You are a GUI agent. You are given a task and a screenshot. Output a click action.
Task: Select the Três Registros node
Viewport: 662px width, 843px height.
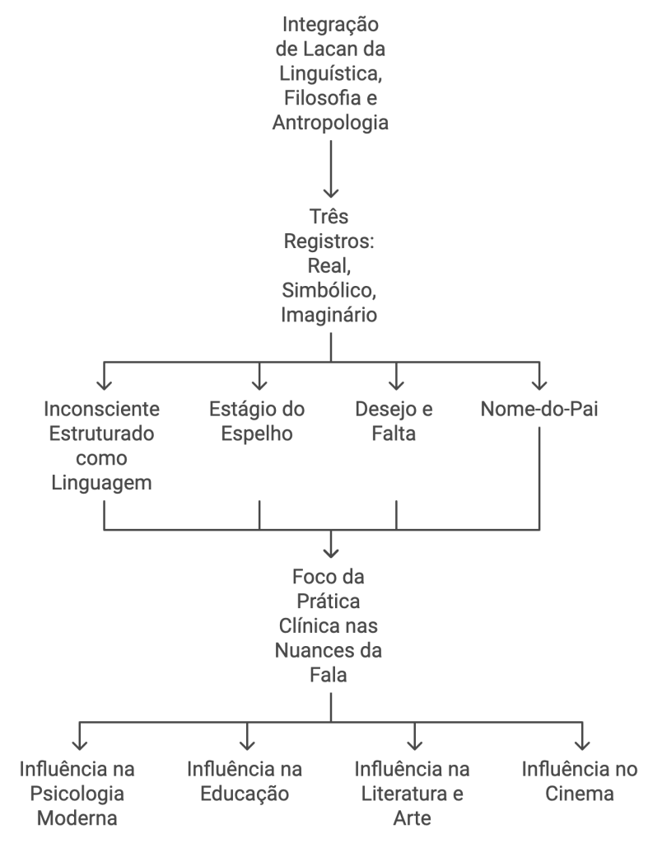(330, 268)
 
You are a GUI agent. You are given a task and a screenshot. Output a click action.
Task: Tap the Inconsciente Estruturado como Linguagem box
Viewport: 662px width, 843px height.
(104, 446)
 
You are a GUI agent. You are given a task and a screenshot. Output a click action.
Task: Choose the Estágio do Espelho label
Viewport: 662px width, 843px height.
(259, 422)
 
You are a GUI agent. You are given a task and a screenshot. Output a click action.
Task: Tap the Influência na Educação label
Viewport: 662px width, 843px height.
(245, 782)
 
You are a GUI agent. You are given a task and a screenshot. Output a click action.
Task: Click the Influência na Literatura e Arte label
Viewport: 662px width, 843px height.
(413, 794)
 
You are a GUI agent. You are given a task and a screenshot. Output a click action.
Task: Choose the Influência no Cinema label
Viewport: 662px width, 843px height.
(580, 782)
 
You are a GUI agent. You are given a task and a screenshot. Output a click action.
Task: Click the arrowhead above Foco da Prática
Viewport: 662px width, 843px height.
(331, 550)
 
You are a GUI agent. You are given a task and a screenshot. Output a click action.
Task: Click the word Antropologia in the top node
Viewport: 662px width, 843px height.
(330, 124)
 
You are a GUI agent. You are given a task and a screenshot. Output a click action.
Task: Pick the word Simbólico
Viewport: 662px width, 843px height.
(330, 292)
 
